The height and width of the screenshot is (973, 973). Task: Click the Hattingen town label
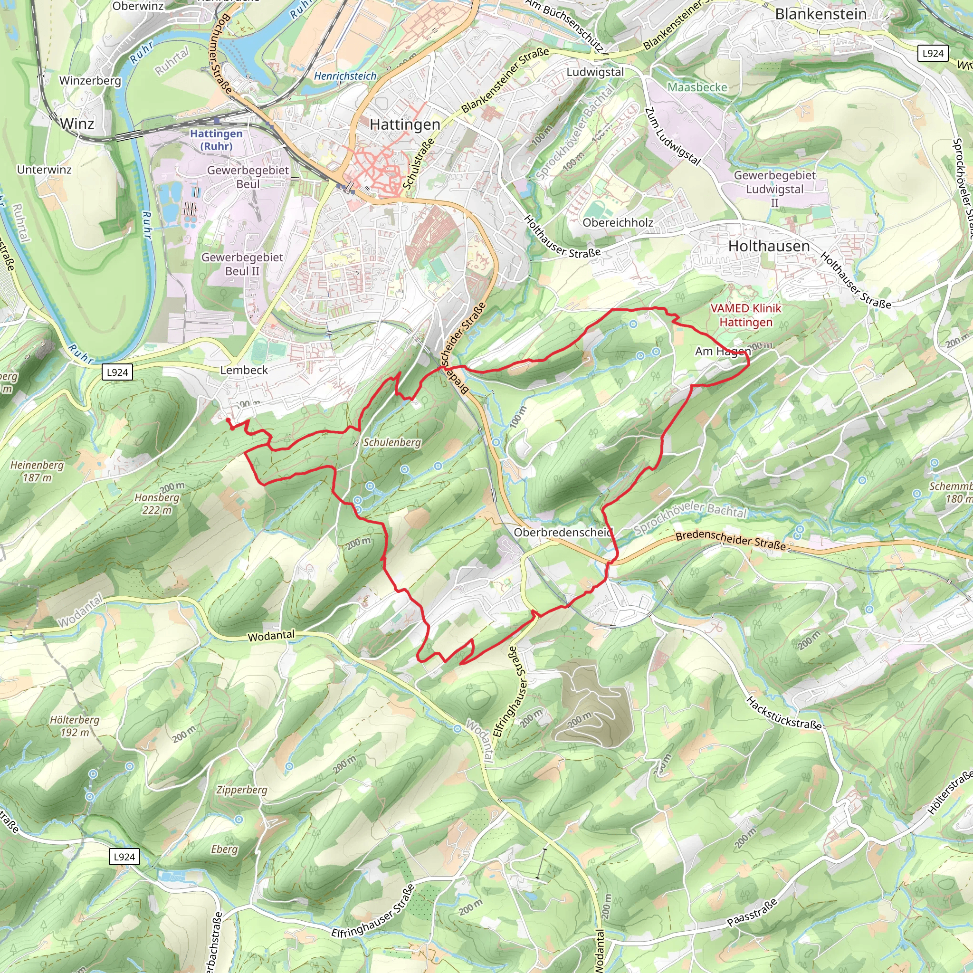click(405, 124)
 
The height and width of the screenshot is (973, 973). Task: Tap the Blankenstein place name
click(821, 14)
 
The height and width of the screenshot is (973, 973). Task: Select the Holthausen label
click(769, 246)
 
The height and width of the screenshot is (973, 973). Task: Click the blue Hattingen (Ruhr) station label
click(216, 140)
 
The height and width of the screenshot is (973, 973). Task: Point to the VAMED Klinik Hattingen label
click(746, 315)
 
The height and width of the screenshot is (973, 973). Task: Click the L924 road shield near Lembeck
click(117, 372)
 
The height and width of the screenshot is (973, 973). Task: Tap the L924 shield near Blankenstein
click(933, 53)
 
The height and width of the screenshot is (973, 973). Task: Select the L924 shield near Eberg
click(124, 857)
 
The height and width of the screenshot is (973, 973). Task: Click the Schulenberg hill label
click(392, 443)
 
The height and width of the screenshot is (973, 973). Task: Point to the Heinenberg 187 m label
click(37, 471)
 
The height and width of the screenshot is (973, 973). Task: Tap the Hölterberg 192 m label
click(75, 726)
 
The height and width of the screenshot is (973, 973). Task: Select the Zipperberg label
click(242, 790)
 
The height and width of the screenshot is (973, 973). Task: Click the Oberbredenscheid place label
click(563, 532)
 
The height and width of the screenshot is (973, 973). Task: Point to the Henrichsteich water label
click(345, 76)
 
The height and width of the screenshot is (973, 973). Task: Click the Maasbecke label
click(697, 87)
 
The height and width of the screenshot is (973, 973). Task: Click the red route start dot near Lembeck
click(228, 420)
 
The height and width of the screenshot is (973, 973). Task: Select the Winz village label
click(77, 124)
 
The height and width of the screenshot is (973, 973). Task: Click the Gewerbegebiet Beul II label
click(242, 264)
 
